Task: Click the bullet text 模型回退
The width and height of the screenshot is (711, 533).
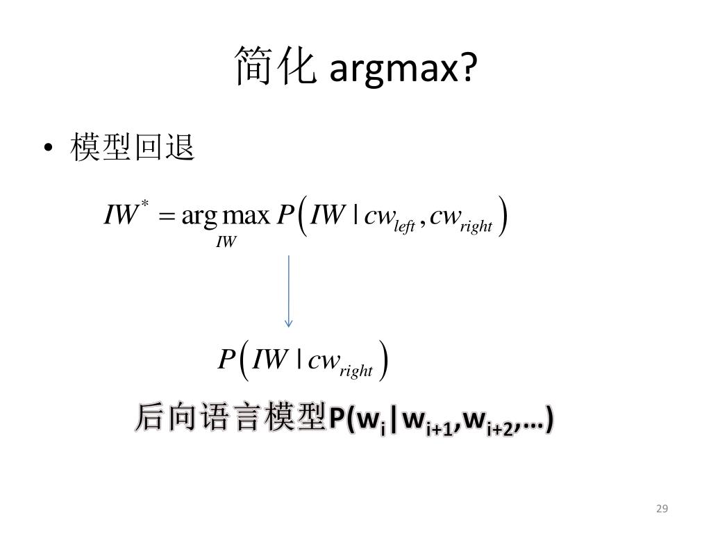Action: pyautogui.click(x=132, y=148)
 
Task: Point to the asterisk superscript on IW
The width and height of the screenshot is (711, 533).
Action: pyautogui.click(x=145, y=203)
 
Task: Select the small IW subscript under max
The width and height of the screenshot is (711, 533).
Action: pyautogui.click(x=226, y=242)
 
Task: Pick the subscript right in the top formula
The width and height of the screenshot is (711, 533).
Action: pyautogui.click(x=476, y=226)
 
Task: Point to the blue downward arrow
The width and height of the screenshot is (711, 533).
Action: pyautogui.click(x=288, y=291)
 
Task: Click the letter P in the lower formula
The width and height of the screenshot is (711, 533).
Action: pyautogui.click(x=226, y=359)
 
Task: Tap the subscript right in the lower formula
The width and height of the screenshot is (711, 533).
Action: pyautogui.click(x=356, y=371)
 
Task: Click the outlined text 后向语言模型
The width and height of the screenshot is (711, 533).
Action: pyautogui.click(x=230, y=418)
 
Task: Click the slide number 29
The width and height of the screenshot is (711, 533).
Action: pyautogui.click(x=662, y=509)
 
